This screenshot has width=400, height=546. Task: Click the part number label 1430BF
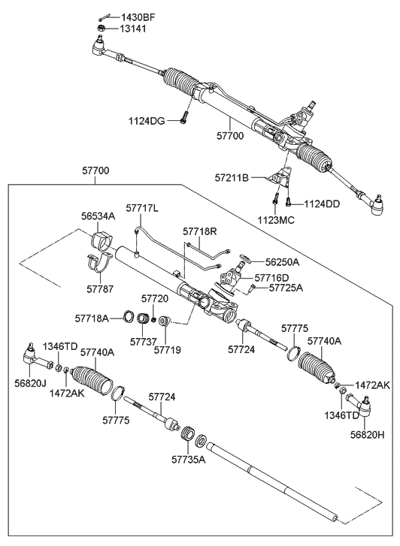click(135, 17)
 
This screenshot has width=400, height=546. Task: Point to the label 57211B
click(234, 179)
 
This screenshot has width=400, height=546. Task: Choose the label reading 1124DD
click(323, 204)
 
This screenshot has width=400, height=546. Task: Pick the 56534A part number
click(98, 216)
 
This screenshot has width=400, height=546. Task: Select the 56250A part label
click(283, 262)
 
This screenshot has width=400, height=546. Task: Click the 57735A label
click(188, 458)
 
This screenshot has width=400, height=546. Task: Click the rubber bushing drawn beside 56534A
click(100, 242)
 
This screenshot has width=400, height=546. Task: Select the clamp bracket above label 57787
click(102, 268)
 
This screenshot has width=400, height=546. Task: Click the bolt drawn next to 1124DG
click(183, 116)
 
